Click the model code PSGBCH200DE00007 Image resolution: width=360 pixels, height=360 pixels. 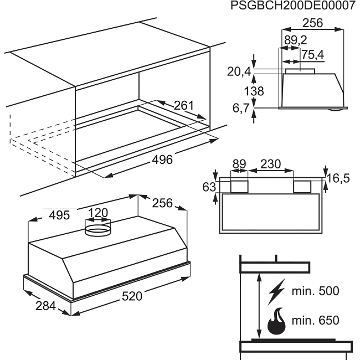pos(293,6)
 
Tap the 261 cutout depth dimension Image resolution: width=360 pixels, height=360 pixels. pos(184,106)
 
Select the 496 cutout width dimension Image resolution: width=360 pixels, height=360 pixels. pos(162,160)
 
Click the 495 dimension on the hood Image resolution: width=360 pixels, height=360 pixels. pos(59,215)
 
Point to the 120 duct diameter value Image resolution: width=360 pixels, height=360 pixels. pos(98,213)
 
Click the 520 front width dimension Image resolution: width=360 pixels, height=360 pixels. pos(132,296)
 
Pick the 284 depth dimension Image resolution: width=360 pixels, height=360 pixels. pos(45,306)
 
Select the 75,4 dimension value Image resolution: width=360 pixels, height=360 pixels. pos(312,55)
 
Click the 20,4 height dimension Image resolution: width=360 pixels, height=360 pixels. pos(239,72)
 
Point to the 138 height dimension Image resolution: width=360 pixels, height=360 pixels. pos(254,91)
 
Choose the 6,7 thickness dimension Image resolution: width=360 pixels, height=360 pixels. pos(241,108)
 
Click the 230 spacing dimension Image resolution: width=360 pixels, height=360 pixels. pos(271,164)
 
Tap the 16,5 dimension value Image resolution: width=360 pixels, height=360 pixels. pos(338,178)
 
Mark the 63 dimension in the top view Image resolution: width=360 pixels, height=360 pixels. pos(209,187)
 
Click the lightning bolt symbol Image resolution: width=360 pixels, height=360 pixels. pos(277,292)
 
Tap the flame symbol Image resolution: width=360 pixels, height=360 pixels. pos(277,321)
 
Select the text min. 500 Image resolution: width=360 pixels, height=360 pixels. pos(316,291)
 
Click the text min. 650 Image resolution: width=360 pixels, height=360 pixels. pos(316,320)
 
